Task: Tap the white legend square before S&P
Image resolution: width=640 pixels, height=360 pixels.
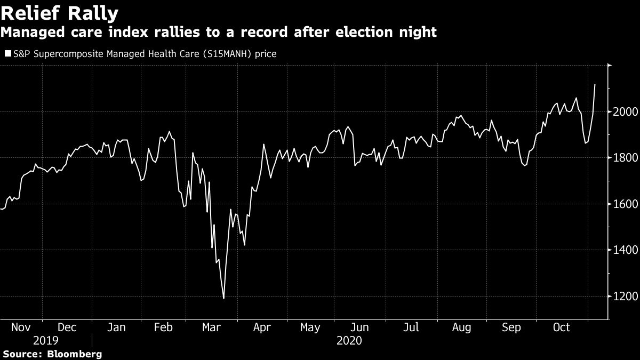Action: [7, 53]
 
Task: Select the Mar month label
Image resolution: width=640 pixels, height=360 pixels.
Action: [212, 327]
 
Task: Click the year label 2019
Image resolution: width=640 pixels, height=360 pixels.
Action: [46, 340]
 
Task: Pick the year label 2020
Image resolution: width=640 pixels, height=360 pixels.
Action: [350, 340]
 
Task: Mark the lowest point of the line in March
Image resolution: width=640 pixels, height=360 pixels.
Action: [223, 298]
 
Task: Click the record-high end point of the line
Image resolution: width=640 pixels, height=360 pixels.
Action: [595, 84]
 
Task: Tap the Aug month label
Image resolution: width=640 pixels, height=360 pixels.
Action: [461, 327]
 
